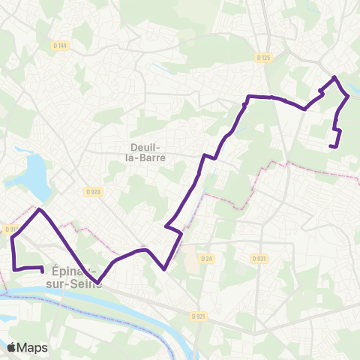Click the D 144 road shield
point(61,46)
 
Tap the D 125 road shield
point(262,57)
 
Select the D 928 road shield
point(93,192)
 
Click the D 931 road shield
point(259,259)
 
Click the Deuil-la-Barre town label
point(147,152)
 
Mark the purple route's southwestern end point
point(41,270)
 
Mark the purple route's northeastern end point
point(331,145)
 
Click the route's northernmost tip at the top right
point(334,77)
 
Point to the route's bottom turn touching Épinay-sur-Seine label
point(98,283)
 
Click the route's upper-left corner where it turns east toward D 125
point(248,97)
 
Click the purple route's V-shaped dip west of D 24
point(164,268)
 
